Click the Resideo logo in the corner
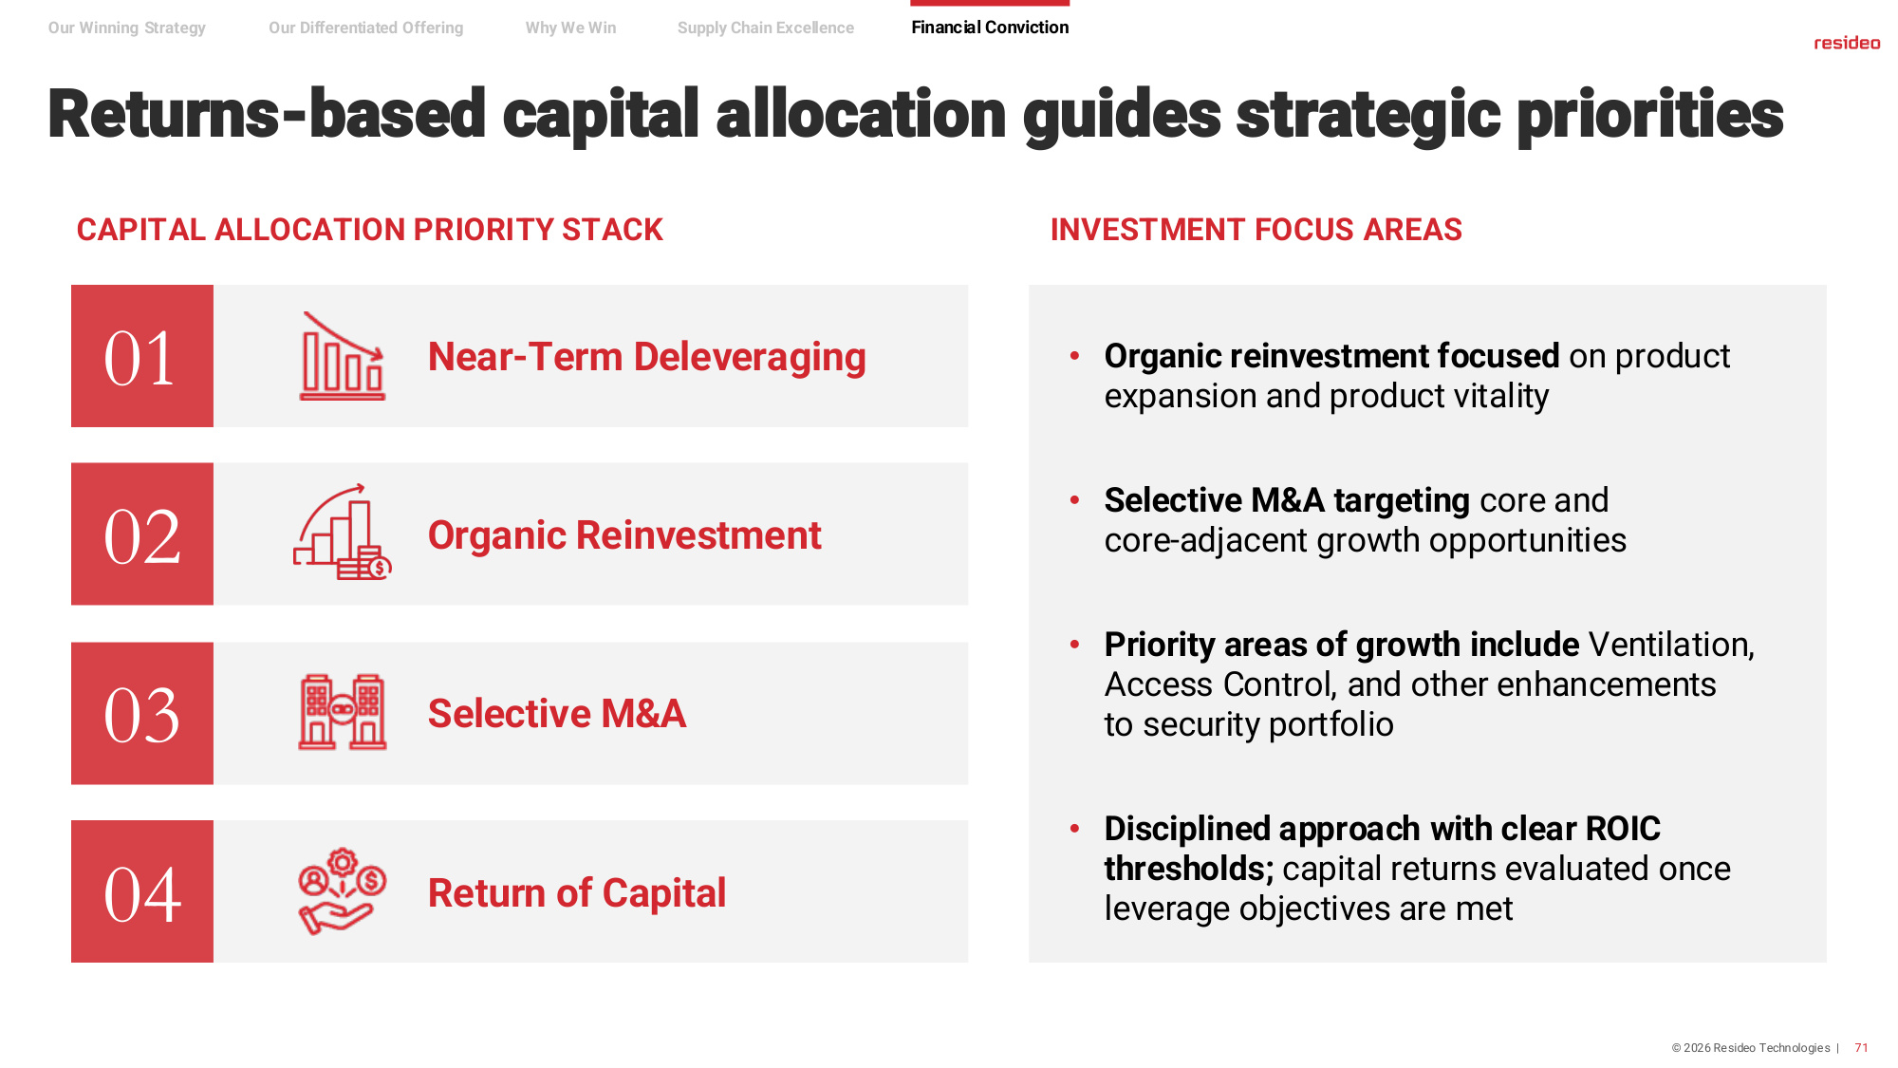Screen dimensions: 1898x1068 (1847, 43)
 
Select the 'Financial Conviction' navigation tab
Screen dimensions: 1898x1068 (990, 28)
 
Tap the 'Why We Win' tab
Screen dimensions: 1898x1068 (570, 28)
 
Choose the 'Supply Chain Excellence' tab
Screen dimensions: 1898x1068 (766, 28)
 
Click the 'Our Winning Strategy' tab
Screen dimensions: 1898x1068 (127, 28)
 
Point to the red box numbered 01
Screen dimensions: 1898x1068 (142, 356)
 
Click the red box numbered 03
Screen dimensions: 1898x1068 (142, 713)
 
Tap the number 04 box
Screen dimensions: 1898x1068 (142, 891)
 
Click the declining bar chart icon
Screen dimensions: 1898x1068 (343, 356)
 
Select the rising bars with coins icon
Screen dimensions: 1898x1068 (343, 533)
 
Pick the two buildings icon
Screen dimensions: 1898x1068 (343, 712)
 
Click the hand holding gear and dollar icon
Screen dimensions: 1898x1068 (342, 891)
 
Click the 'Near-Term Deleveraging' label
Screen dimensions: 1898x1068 (647, 358)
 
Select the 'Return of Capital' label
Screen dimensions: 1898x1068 (577, 893)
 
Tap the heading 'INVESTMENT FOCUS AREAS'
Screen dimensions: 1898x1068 (1256, 230)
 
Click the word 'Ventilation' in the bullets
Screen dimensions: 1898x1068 (1671, 645)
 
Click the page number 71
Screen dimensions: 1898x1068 (1861, 1048)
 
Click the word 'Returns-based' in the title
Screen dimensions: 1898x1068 (267, 114)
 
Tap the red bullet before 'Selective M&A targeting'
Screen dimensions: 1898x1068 (1074, 500)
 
